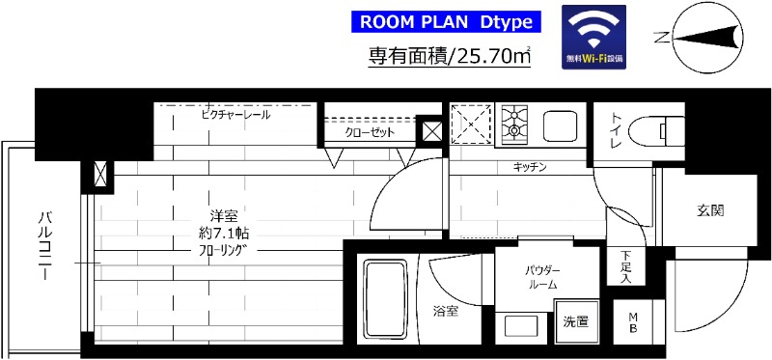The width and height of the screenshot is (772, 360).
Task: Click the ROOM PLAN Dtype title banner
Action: (444, 21)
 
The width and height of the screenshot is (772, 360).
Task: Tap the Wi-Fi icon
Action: (593, 37)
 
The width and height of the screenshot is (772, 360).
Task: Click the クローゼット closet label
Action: (370, 132)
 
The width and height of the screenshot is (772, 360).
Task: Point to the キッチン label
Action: (530, 168)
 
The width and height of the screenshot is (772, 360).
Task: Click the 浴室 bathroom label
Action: (445, 311)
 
